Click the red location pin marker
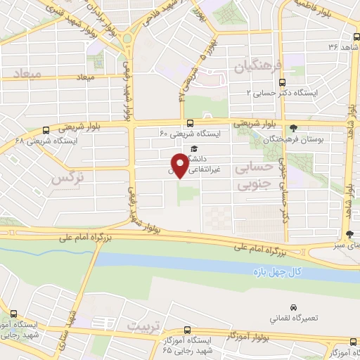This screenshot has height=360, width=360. pyautogui.click(x=181, y=165)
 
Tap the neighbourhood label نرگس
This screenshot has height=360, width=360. pyautogui.click(x=67, y=179)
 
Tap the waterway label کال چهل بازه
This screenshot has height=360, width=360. pyautogui.click(x=276, y=271)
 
